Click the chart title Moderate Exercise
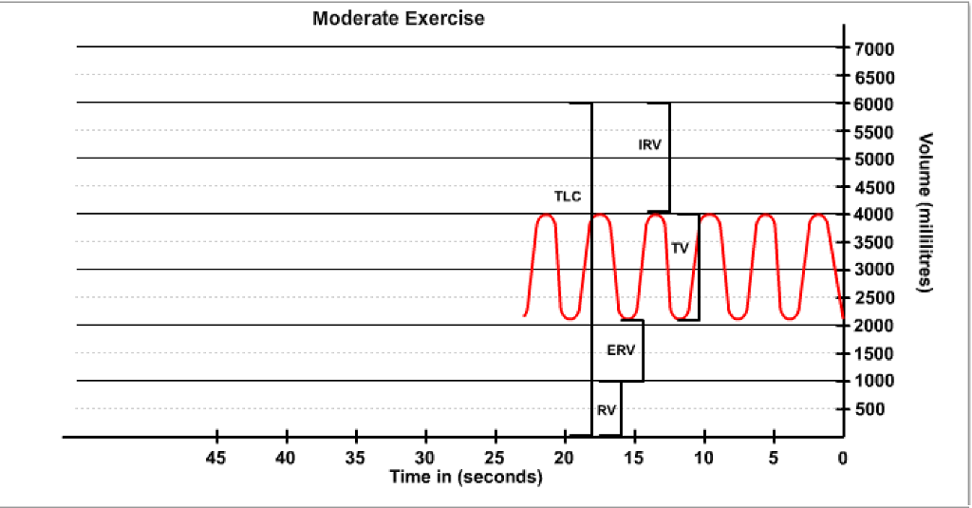click(398, 19)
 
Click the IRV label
click(649, 144)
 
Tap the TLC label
click(569, 197)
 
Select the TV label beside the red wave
click(680, 248)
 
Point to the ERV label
click(620, 349)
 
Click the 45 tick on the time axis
click(217, 458)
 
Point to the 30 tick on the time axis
click(426, 458)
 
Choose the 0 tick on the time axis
click(842, 458)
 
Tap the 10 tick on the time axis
click(703, 458)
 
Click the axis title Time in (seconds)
click(466, 477)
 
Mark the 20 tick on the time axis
click(565, 458)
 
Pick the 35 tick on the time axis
click(356, 458)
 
